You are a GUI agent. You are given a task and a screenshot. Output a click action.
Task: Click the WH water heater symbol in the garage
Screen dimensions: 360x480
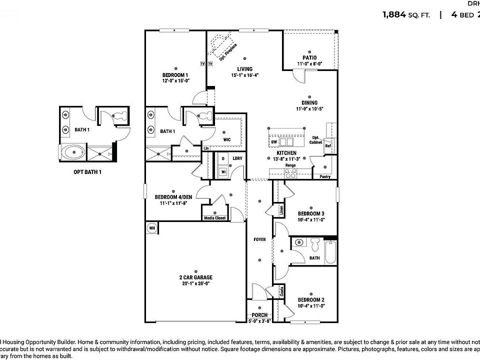[152, 228]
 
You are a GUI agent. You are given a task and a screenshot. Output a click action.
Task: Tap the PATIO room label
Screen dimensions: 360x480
[309, 58]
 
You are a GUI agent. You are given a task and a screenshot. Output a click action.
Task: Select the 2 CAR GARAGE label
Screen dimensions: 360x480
[195, 277]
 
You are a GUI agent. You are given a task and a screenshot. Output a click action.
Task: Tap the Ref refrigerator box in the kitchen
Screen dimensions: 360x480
[328, 146]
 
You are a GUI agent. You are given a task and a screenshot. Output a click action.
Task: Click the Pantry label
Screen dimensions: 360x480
[324, 176]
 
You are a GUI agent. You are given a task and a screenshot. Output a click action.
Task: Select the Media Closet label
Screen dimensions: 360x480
[215, 218]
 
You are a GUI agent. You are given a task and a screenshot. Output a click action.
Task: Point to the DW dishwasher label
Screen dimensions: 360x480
[274, 142]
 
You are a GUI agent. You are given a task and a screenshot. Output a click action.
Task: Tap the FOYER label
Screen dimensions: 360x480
[259, 239]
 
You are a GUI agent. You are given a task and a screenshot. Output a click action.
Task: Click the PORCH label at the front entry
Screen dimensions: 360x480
[259, 315]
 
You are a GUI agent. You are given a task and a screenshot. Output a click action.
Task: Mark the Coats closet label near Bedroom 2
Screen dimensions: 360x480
[282, 292]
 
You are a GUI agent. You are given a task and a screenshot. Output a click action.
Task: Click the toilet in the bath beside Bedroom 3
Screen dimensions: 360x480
[315, 245]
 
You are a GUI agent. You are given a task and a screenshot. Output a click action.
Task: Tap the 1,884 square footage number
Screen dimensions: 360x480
[394, 14]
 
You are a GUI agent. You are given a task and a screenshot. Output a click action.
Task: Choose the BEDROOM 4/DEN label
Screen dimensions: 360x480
[173, 197]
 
